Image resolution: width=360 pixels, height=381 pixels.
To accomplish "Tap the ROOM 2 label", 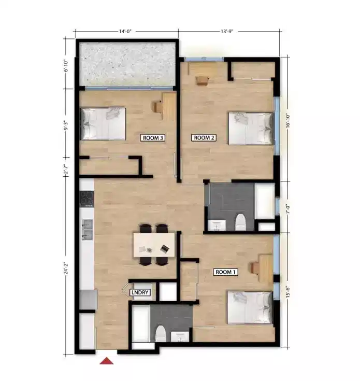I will click(203, 137).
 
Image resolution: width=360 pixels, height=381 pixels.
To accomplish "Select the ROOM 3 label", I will click(153, 138).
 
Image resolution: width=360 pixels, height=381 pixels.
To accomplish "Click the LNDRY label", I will click(140, 293).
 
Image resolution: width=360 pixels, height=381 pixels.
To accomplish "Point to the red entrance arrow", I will click(107, 360).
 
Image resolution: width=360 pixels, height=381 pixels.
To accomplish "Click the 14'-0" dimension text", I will click(125, 32).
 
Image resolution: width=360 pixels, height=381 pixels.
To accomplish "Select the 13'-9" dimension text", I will click(227, 32).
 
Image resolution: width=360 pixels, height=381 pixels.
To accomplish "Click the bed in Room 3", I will click(104, 123).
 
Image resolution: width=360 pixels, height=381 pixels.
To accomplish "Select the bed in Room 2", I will click(251, 129).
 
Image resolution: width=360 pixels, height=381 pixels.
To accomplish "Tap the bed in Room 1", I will click(250, 307).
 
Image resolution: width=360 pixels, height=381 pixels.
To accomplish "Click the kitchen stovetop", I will click(87, 199).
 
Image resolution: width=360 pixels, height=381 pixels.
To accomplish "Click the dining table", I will click(154, 244).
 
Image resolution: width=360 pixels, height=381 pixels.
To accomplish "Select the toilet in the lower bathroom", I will click(161, 334).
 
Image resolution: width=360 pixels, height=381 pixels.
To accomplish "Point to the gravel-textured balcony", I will click(128, 64).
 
